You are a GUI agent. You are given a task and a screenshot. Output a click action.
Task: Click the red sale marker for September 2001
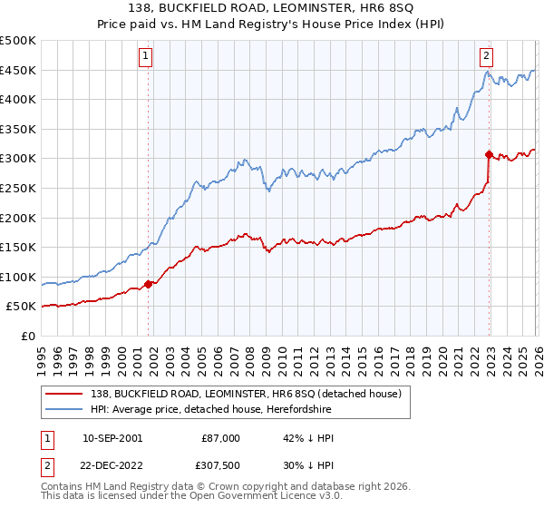149,284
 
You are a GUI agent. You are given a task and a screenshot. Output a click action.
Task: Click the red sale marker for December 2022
489,154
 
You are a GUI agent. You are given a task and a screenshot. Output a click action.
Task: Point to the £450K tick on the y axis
19,71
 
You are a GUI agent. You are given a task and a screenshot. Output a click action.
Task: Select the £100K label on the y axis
19,278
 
